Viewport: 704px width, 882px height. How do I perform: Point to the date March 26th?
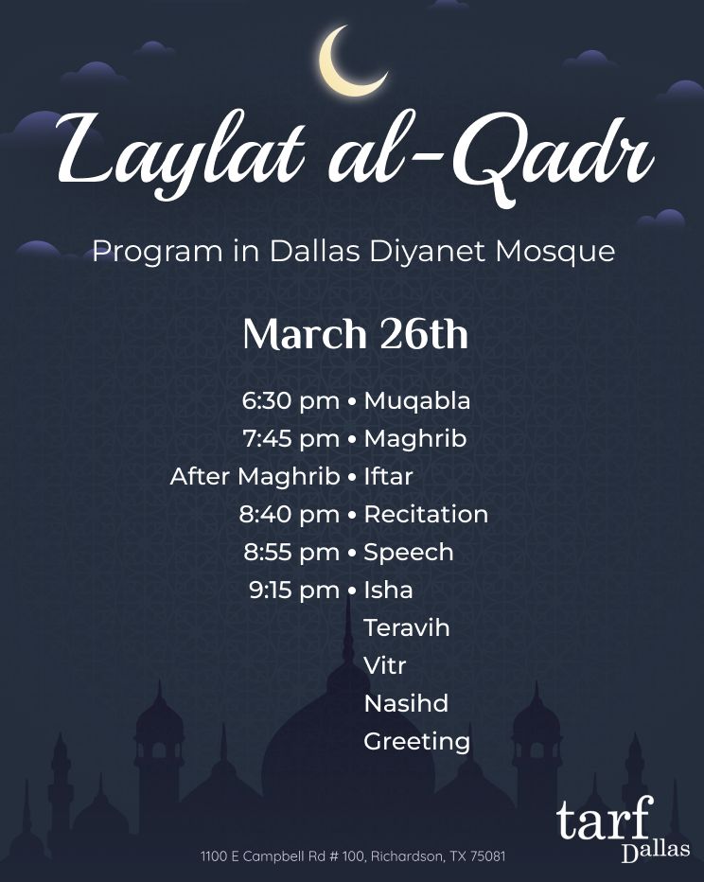tap(355, 335)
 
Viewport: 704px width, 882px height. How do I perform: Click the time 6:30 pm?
tap(290, 401)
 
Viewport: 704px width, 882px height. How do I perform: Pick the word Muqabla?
tap(416, 401)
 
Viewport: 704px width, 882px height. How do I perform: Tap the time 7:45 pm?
tap(290, 439)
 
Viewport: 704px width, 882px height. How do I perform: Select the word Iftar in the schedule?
tap(388, 477)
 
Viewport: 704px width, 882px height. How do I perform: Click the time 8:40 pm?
tap(289, 515)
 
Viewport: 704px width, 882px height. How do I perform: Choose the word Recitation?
tap(426, 515)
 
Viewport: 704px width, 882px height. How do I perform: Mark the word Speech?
tap(408, 553)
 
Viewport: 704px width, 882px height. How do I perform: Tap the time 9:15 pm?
tap(294, 591)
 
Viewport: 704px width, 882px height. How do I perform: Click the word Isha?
tap(388, 591)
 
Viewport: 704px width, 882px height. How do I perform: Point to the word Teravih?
tap(406, 628)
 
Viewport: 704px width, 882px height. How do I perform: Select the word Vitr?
tap(384, 666)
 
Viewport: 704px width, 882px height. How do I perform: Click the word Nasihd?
tap(406, 704)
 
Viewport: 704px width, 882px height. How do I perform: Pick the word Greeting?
tap(416, 742)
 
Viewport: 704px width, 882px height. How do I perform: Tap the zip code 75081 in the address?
tap(485, 856)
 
